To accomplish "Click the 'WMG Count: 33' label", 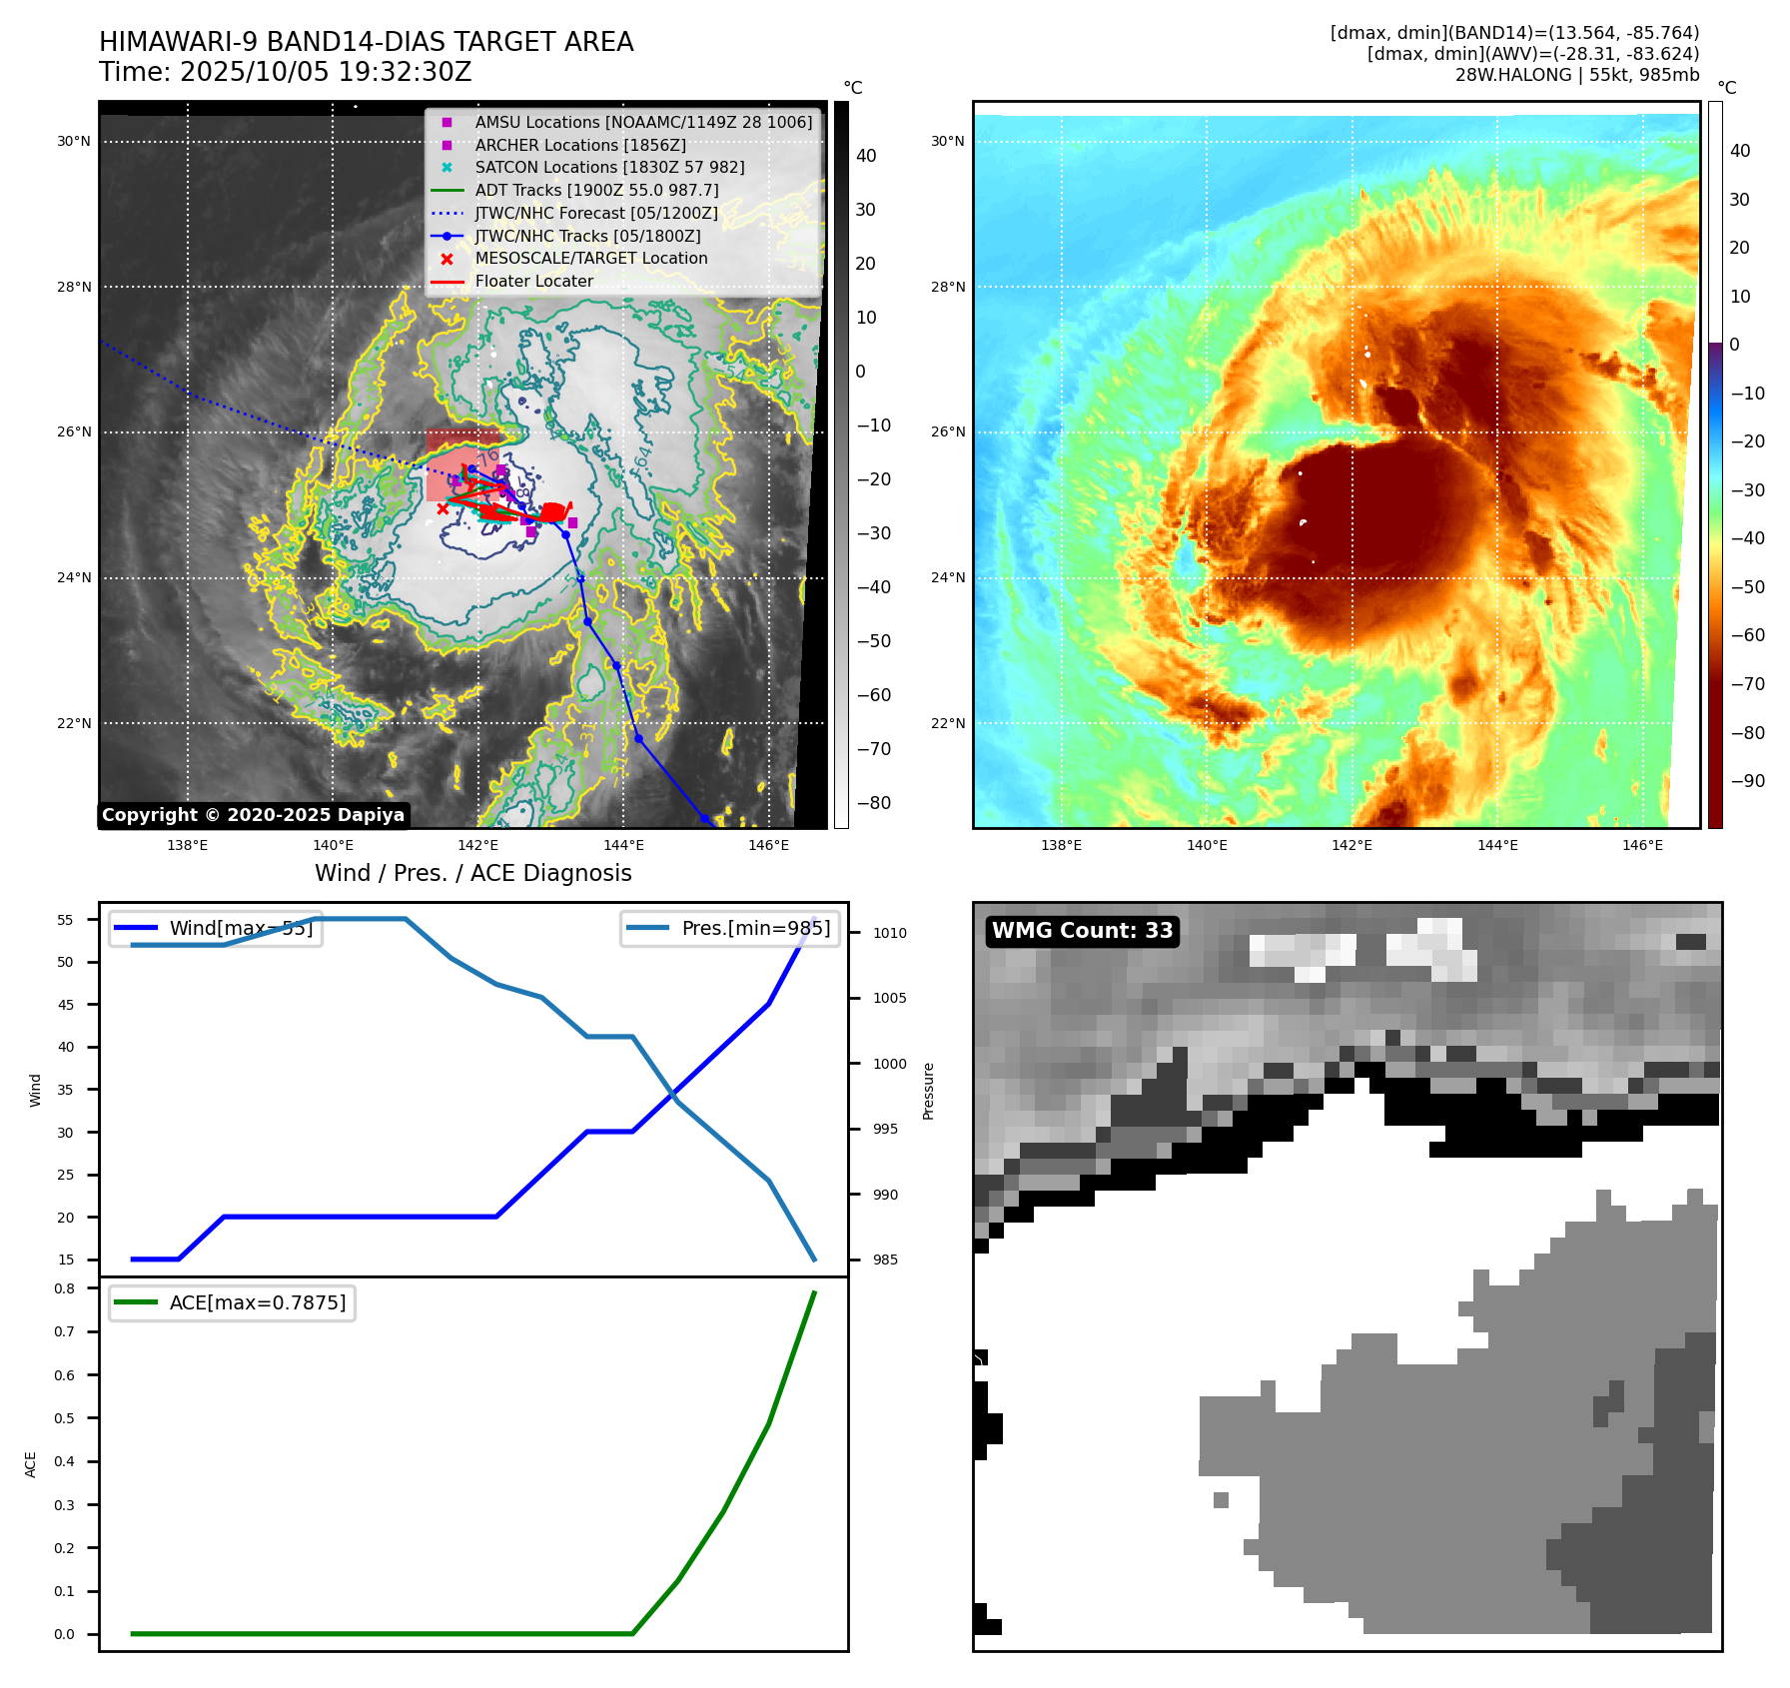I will [1082, 931].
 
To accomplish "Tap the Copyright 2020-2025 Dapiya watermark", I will [253, 815].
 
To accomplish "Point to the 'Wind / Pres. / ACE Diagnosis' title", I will [472, 873].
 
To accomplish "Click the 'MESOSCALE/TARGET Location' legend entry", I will [590, 258].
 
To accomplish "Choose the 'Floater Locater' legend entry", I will [533, 281].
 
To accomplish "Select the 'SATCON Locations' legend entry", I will [609, 167].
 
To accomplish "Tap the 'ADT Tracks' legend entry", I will [596, 190].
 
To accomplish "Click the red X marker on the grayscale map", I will [444, 508].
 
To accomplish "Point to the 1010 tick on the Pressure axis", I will [889, 933].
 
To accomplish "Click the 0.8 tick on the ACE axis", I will [65, 1288].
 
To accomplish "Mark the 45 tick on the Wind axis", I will [66, 1005].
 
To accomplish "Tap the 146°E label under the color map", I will [1642, 845].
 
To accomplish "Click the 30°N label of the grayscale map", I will [74, 141].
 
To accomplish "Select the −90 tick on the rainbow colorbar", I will [1747, 781].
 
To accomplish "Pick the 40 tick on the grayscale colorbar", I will [866, 156].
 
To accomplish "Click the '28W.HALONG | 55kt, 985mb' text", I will [1576, 75].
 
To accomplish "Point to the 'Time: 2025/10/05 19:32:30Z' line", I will [285, 72].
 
